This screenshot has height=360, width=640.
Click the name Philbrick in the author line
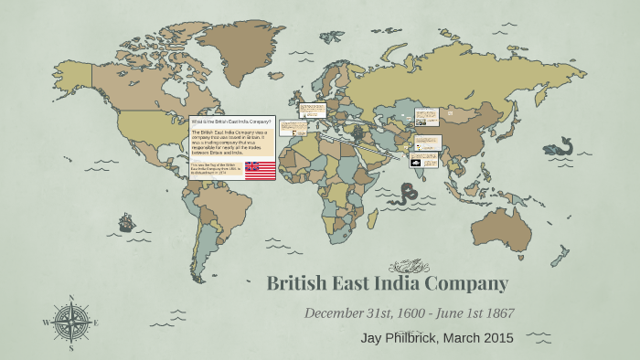(411, 338)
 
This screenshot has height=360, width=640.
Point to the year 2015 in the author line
(497, 338)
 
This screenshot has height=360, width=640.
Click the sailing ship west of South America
(126, 222)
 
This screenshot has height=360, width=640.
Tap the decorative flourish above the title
(409, 267)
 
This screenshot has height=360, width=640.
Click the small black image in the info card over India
(416, 162)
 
